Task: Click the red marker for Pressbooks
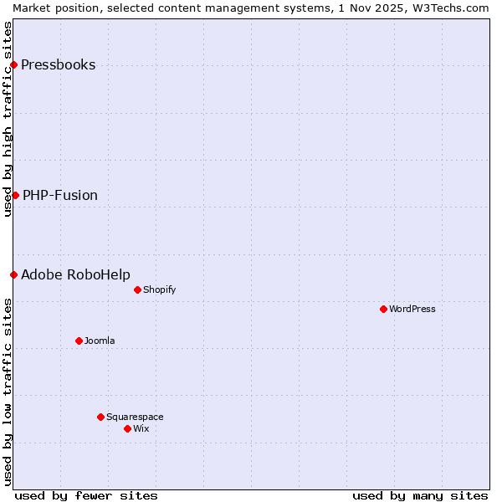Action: click(x=13, y=64)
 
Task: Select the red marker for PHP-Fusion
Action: click(x=15, y=195)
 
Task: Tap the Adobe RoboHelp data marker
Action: click(x=13, y=274)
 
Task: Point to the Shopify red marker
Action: click(x=137, y=289)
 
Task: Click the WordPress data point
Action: click(x=383, y=309)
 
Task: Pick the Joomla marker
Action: click(x=79, y=341)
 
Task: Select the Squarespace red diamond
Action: click(x=100, y=417)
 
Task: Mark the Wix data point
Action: click(x=127, y=428)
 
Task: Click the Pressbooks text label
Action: click(x=58, y=65)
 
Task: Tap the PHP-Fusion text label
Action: click(x=60, y=196)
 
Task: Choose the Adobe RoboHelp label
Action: click(x=75, y=275)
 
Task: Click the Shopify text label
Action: click(x=159, y=290)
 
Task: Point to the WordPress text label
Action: click(x=412, y=310)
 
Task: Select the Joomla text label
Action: click(x=100, y=341)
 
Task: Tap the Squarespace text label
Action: click(x=135, y=417)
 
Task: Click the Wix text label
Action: click(x=141, y=429)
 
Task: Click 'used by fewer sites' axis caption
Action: click(x=86, y=495)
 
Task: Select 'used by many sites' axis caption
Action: click(x=420, y=495)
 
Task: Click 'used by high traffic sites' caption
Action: click(x=8, y=119)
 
